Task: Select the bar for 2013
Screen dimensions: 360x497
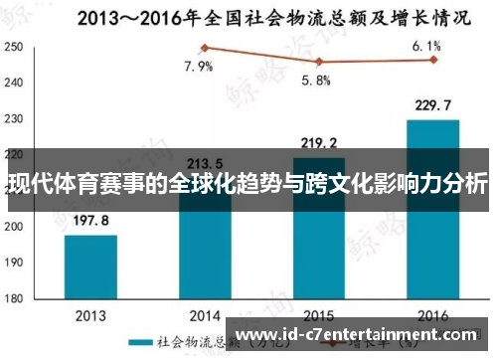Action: (90, 266)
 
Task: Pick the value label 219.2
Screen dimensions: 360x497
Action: (318, 142)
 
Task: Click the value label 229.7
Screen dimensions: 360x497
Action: (432, 104)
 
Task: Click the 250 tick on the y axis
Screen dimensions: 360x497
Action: (14, 47)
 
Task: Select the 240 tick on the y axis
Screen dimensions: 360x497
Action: (14, 83)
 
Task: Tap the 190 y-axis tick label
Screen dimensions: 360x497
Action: (14, 261)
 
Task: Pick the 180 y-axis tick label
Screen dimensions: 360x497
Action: (14, 296)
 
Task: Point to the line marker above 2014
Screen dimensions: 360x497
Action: (205, 47)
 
